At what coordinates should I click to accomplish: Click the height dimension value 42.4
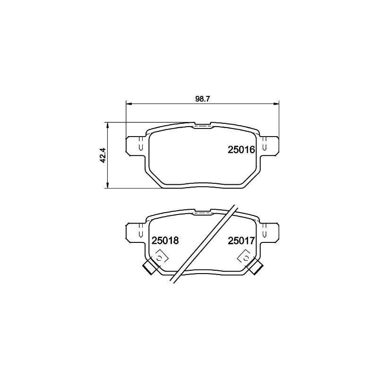pyautogui.click(x=103, y=155)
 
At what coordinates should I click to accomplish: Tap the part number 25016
pyautogui.click(x=241, y=150)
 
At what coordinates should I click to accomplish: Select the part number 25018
pyautogui.click(x=165, y=241)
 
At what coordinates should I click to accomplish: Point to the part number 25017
pyautogui.click(x=241, y=241)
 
